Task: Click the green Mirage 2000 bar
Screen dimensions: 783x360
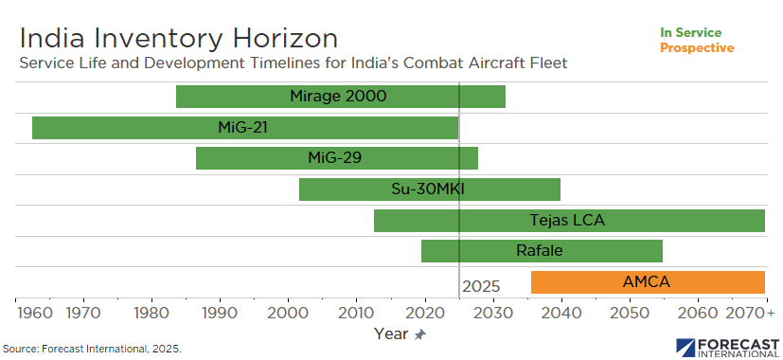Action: tap(341, 97)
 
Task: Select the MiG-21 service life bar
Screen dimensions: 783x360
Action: tap(245, 128)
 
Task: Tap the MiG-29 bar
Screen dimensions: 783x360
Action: tap(337, 158)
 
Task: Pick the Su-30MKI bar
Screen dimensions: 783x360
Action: tap(430, 189)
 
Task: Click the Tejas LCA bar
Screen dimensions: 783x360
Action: tap(569, 221)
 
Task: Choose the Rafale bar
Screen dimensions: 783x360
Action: tap(542, 251)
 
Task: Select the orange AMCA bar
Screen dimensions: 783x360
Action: tap(648, 282)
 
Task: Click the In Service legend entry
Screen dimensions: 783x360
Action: tap(690, 33)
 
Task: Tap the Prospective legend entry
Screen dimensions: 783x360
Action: tap(697, 48)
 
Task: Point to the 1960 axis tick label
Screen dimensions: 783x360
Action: tap(34, 314)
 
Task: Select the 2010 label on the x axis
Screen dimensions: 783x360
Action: tap(357, 314)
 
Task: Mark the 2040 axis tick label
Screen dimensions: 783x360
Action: tap(561, 314)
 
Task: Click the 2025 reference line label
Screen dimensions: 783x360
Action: tap(481, 286)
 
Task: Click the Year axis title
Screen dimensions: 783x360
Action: tap(392, 333)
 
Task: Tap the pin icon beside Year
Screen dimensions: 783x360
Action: tap(420, 335)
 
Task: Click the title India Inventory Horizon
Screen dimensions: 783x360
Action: tap(179, 39)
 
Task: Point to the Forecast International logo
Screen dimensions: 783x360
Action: tap(727, 347)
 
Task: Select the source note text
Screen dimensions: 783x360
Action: tap(93, 349)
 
